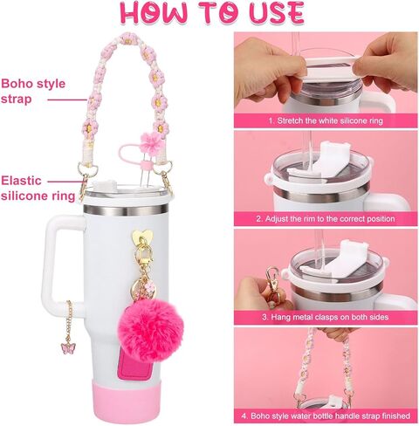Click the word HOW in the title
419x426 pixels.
pyautogui.click(x=154, y=14)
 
